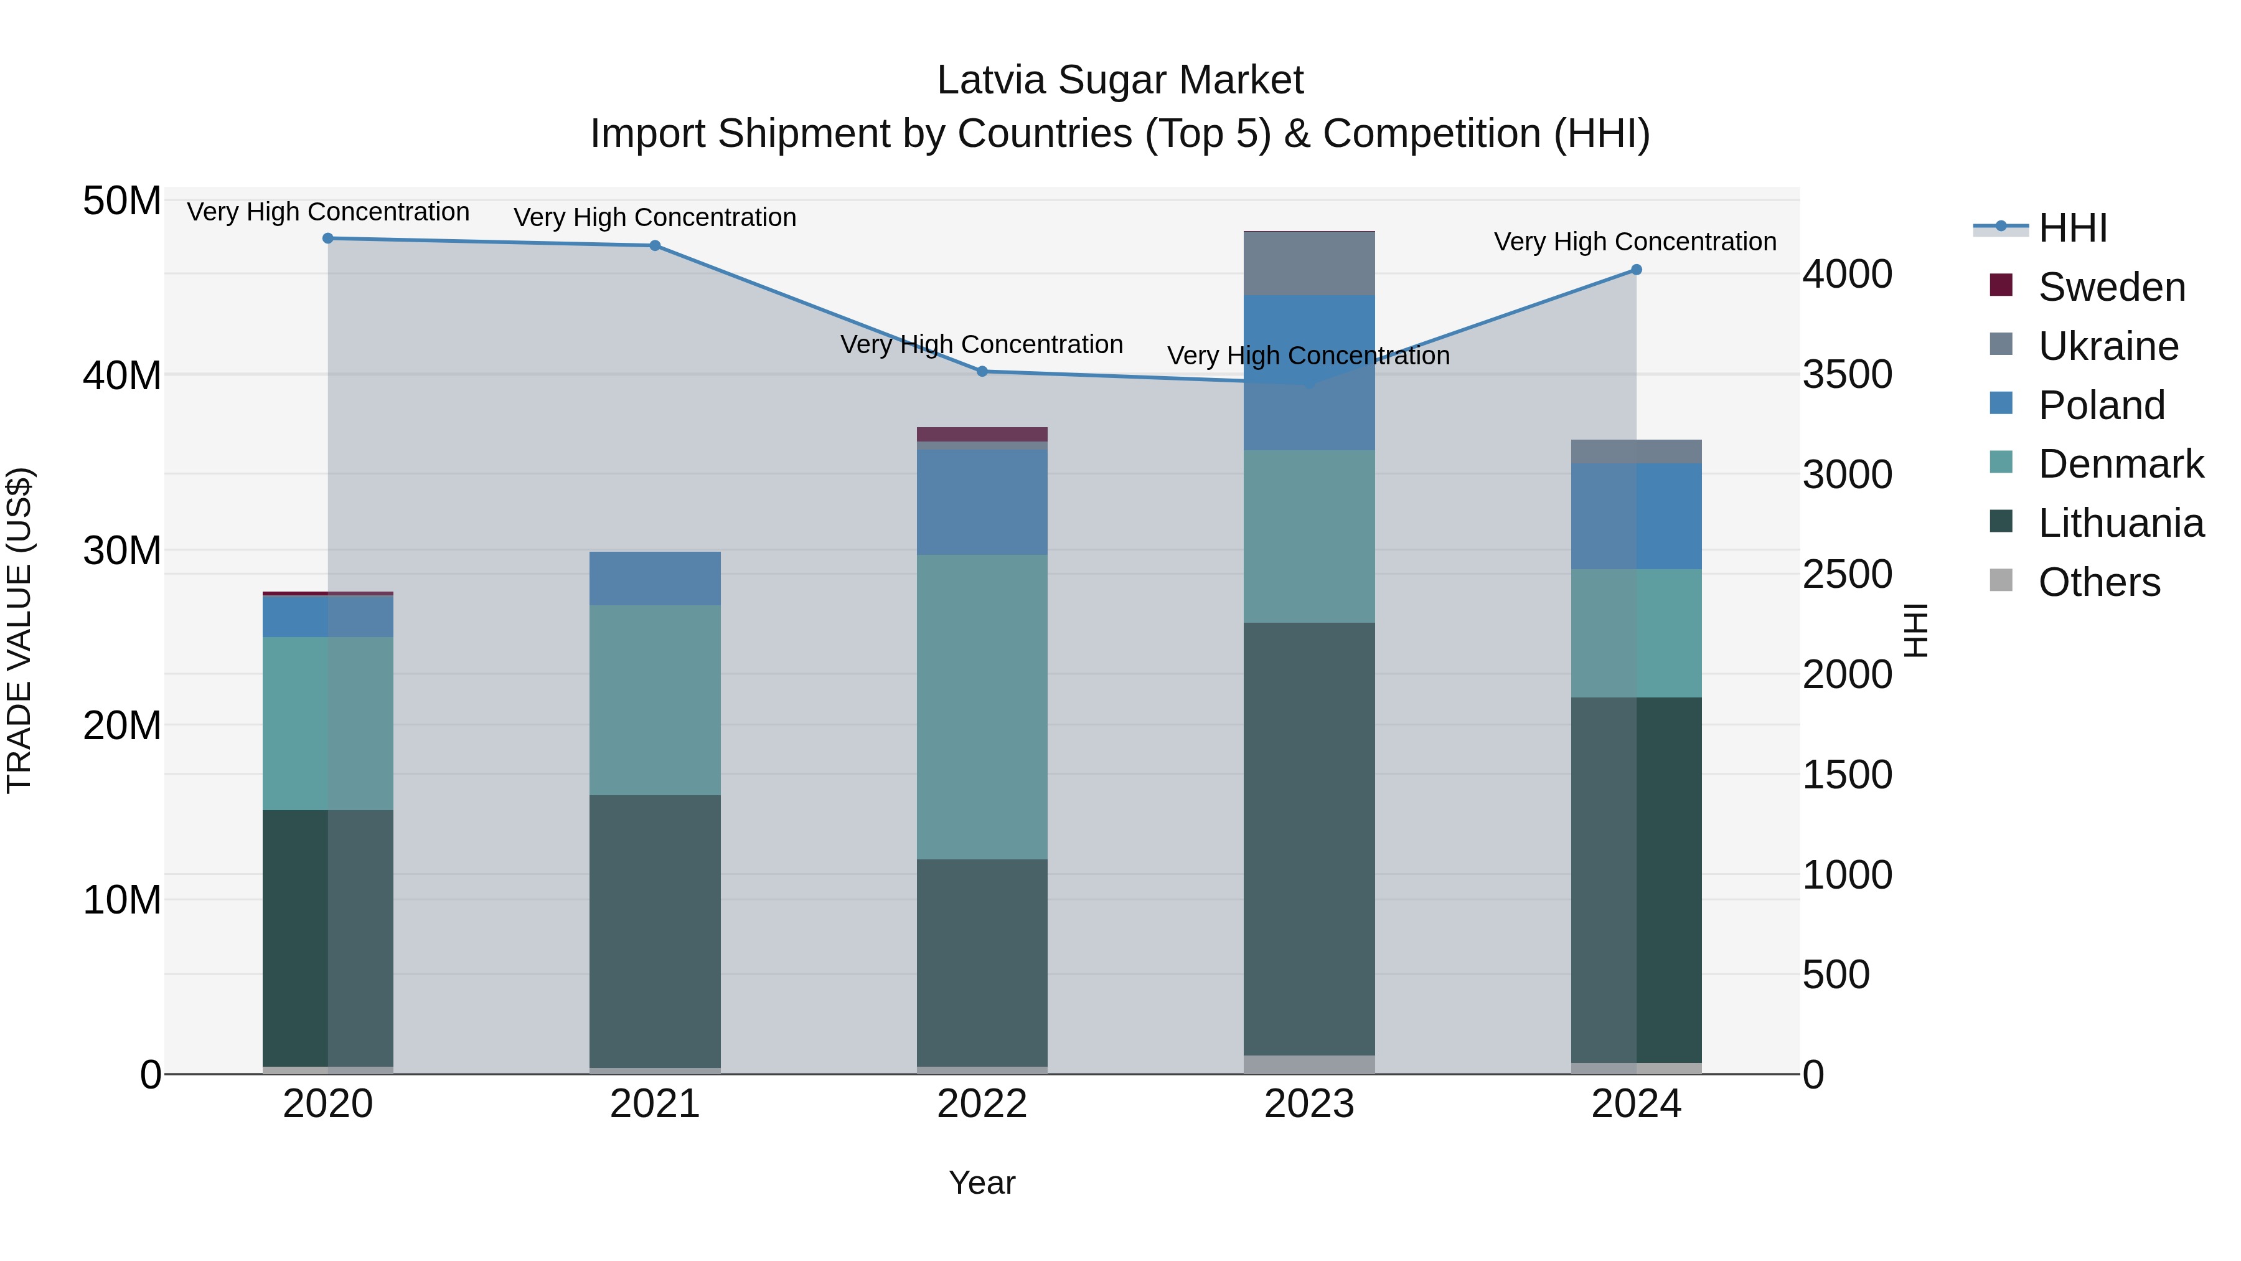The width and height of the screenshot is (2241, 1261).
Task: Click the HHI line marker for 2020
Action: [x=328, y=239]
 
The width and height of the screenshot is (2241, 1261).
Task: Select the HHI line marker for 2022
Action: [x=982, y=372]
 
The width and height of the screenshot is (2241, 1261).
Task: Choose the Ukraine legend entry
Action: [x=2108, y=346]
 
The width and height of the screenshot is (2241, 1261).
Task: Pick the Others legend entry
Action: [x=2098, y=582]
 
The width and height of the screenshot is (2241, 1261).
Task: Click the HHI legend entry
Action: [x=2072, y=228]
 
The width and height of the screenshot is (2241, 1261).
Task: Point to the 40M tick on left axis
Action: [x=122, y=376]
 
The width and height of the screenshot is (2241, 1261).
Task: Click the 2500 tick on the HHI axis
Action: [x=1846, y=575]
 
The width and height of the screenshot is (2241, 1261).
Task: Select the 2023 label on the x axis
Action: [x=1308, y=1104]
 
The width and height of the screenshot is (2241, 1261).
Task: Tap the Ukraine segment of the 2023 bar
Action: [x=1308, y=263]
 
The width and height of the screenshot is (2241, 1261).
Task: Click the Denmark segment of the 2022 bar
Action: [x=982, y=707]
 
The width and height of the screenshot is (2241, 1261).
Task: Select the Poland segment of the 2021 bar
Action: [x=655, y=579]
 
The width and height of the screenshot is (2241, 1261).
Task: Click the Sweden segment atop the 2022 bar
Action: [x=982, y=434]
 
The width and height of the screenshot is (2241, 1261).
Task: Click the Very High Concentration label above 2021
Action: [x=655, y=217]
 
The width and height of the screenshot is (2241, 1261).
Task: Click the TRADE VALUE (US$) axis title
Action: [x=19, y=630]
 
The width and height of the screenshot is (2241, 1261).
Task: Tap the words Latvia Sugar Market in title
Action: [x=1120, y=80]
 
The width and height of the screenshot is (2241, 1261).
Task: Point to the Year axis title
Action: [x=982, y=1183]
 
